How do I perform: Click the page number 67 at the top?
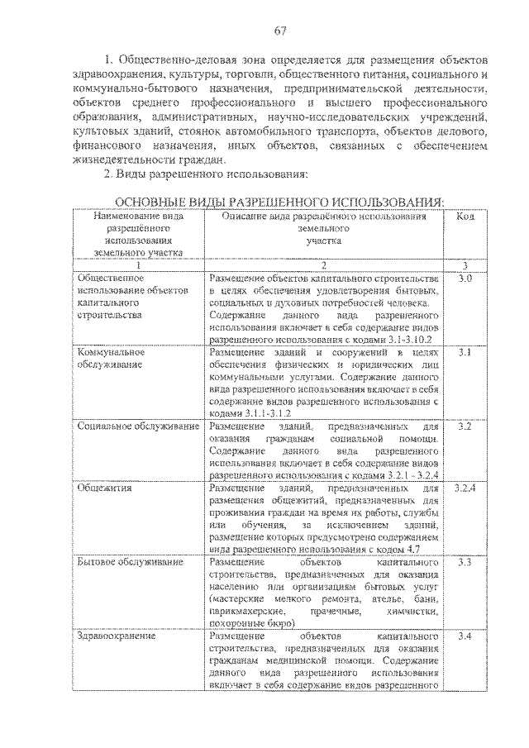279,31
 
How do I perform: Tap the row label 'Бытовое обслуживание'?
130,562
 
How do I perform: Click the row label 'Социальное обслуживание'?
138,426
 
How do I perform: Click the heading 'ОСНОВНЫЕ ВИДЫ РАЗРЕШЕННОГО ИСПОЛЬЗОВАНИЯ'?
279,202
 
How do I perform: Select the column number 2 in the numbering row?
324,265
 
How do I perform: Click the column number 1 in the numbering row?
138,265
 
